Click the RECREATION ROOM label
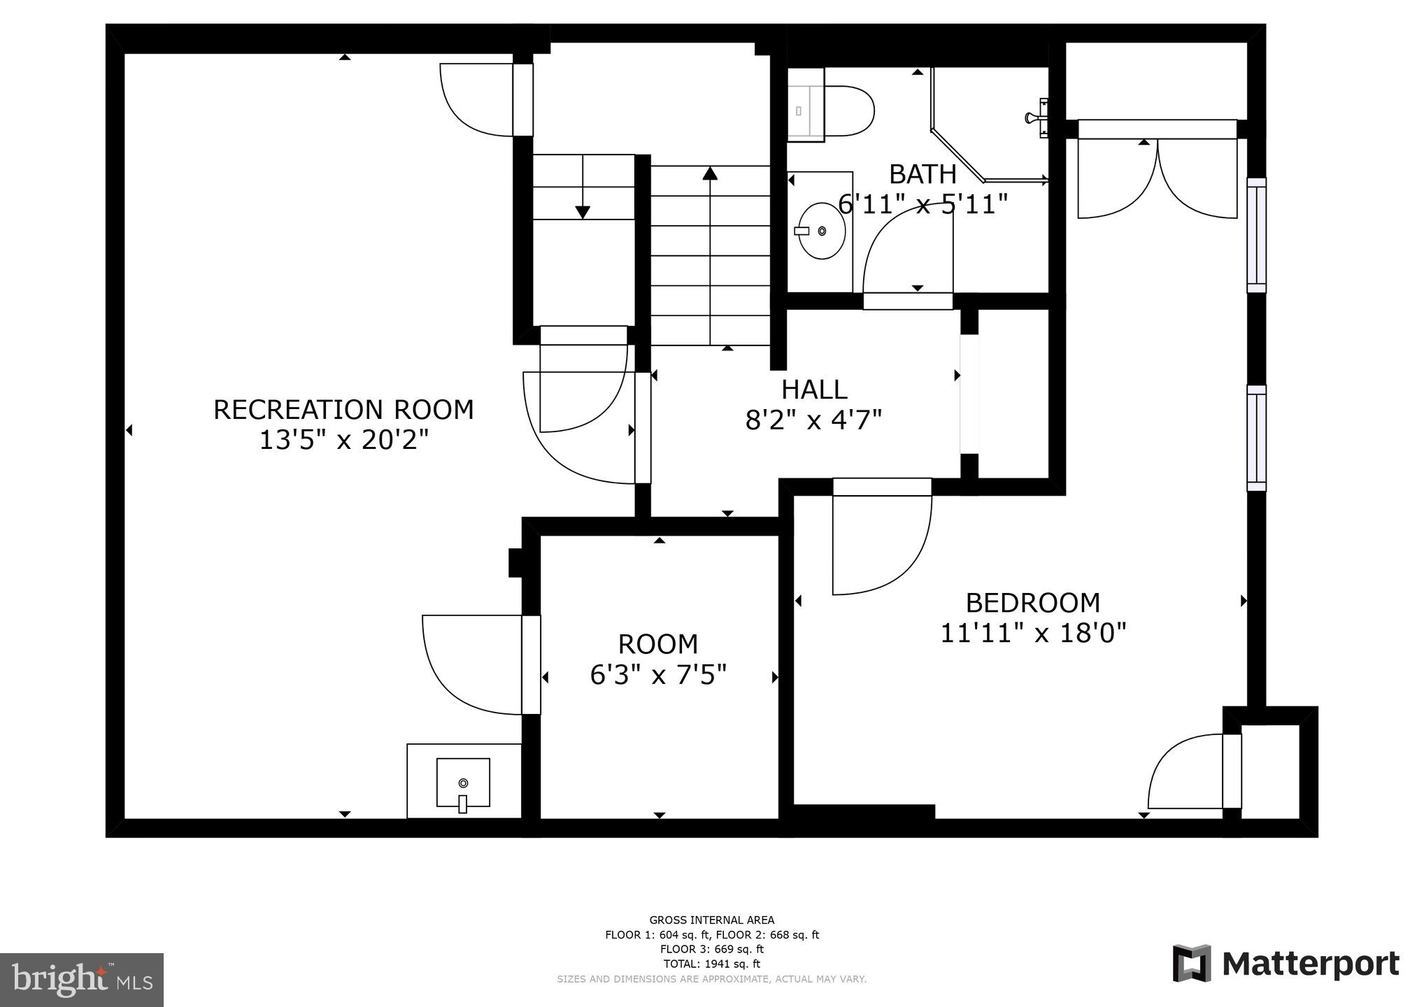tap(343, 410)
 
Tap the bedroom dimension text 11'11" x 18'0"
tap(1033, 634)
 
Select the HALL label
tap(814, 390)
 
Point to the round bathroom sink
tap(822, 231)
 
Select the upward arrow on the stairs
tap(710, 175)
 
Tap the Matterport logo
tap(1286, 964)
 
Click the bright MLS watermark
tap(82, 980)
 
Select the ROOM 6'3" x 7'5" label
tap(658, 659)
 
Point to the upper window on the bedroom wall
tap(1256, 235)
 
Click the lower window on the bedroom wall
tap(1256, 438)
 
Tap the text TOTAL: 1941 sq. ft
tap(711, 964)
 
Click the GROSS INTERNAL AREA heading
tap(711, 920)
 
